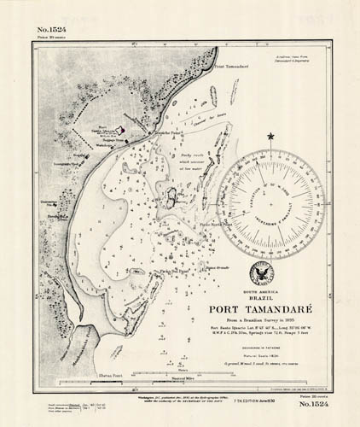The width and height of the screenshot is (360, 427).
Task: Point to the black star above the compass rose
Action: pos(272,136)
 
